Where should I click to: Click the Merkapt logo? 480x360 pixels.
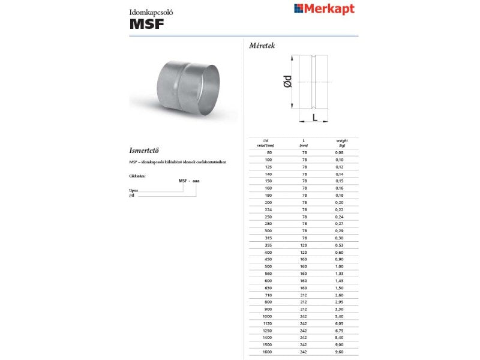coord(324,9)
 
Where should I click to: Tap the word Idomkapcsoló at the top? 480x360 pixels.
coord(147,11)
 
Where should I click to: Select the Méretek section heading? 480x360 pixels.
coord(262,46)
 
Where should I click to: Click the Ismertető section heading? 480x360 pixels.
coord(148,150)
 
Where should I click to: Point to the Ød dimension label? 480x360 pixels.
coord(287,82)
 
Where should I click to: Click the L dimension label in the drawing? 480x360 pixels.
coord(314,117)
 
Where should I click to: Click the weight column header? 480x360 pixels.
coord(342,143)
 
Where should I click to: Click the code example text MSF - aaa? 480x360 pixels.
coord(189,181)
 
